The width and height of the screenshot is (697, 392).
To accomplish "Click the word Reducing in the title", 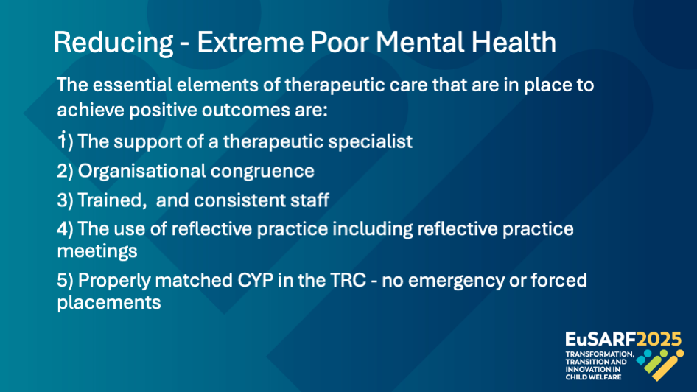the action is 113,43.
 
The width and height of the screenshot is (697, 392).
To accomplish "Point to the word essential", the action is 132,85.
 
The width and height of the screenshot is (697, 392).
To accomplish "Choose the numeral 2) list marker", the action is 65,171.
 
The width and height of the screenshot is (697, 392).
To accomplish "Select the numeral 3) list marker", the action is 65,200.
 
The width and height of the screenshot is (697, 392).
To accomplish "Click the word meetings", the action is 97,252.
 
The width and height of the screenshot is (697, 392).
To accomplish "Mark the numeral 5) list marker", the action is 65,281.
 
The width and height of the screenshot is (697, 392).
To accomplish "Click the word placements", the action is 109,303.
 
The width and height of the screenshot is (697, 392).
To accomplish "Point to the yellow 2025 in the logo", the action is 659,339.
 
